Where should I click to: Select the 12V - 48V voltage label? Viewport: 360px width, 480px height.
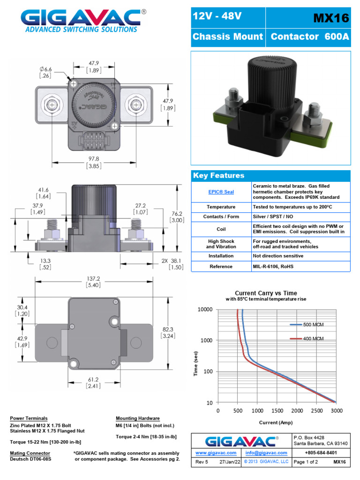[217, 17]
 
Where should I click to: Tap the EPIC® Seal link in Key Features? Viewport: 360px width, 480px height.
[221, 192]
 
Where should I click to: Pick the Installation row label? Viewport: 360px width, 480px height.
[221, 256]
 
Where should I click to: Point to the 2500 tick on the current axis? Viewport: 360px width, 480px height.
[316, 411]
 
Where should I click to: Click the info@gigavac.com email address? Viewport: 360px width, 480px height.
[266, 453]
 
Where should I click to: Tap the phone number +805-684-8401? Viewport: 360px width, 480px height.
[321, 453]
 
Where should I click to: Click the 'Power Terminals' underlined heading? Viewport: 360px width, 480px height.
[29, 418]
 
